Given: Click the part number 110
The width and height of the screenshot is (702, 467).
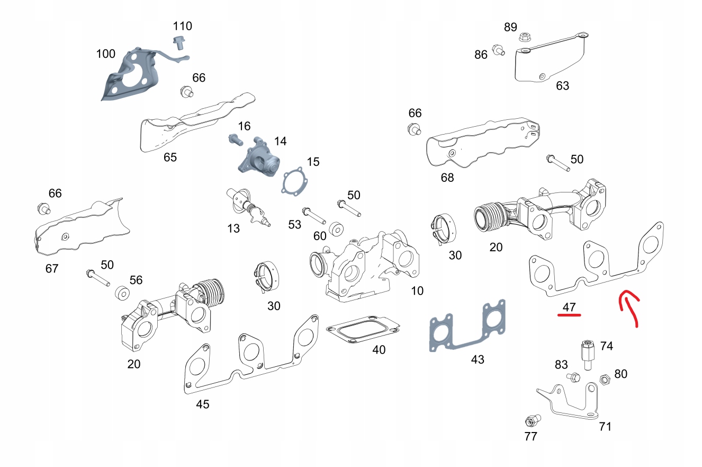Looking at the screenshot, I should pos(183,26).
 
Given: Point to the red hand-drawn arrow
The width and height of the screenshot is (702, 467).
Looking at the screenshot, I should pos(630,307).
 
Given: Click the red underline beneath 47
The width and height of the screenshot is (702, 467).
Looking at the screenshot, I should pos(569,315).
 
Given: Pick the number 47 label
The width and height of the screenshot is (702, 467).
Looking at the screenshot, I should pos(569,306).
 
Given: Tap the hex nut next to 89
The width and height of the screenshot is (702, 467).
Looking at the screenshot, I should pos(525,38).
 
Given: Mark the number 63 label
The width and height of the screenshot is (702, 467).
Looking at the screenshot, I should pos(562,85).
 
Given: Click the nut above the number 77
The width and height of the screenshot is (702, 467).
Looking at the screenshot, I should pos(530,421).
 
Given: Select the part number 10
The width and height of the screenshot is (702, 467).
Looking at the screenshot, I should pos(417,290).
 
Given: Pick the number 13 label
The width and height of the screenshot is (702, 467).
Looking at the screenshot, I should pos(233,228).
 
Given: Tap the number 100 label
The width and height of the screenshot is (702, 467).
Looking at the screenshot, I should pos(105,54).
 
